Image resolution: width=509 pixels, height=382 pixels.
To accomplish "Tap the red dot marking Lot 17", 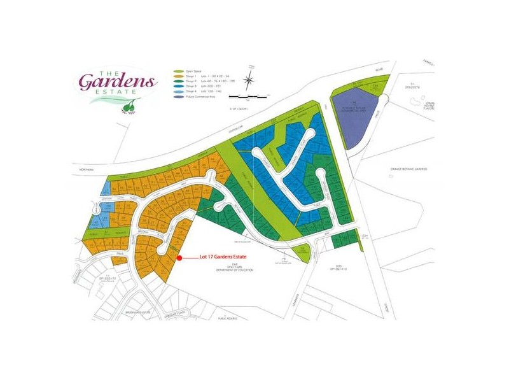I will coord(180,258).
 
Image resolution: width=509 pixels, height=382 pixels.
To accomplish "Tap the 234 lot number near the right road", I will coord(365,236).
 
